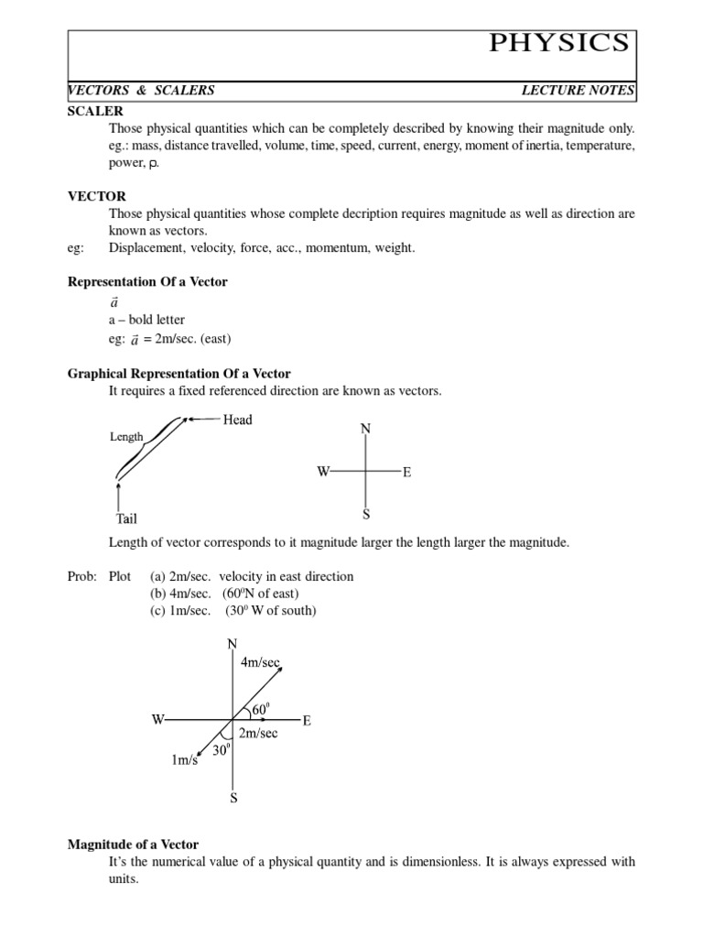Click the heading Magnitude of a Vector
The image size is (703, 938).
[134, 844]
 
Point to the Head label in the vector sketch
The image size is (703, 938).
[237, 420]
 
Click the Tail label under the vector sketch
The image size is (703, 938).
[125, 518]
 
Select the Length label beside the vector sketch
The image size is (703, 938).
[126, 437]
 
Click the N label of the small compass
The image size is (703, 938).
[365, 430]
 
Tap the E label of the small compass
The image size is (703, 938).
[406, 473]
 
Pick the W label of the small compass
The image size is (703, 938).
[322, 472]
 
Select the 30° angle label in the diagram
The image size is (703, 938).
[221, 750]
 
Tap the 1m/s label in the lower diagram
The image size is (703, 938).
[183, 760]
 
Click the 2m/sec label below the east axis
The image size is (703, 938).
[257, 734]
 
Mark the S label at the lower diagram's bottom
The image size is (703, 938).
[233, 798]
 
